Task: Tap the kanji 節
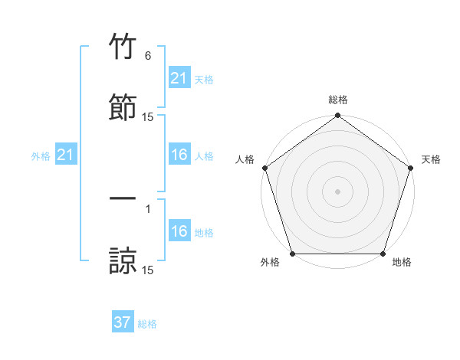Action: coord(123,106)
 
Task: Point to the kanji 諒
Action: coord(123,259)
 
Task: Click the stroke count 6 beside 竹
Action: coord(148,56)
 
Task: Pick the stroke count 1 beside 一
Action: coord(148,208)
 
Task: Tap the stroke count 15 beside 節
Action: coord(148,117)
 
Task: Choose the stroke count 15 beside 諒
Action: coord(148,270)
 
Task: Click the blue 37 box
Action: coord(123,322)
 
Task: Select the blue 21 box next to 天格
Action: coord(179,78)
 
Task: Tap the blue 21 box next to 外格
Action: coord(65,155)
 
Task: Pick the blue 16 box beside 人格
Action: coord(179,155)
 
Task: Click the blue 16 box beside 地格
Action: coord(179,231)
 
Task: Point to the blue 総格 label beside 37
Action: coord(147,324)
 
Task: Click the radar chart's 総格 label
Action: coord(338,100)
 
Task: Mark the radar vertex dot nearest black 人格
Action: coord(264,168)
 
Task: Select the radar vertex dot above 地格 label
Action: coord(383,254)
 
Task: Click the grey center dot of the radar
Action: coord(338,191)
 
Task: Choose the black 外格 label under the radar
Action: coord(270,263)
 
